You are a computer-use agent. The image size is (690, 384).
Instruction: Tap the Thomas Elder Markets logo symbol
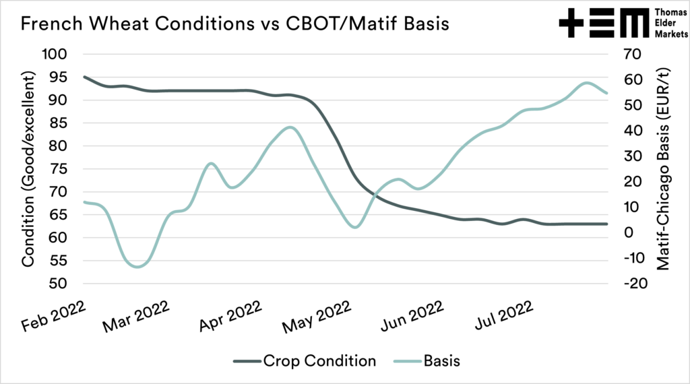pos(601,24)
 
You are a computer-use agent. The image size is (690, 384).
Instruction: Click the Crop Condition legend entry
pos(304,361)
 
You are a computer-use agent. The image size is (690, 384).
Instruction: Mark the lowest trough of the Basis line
pos(137,267)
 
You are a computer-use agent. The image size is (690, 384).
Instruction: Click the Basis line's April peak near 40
pos(290,127)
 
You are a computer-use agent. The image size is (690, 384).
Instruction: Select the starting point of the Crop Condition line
pos(84,77)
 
